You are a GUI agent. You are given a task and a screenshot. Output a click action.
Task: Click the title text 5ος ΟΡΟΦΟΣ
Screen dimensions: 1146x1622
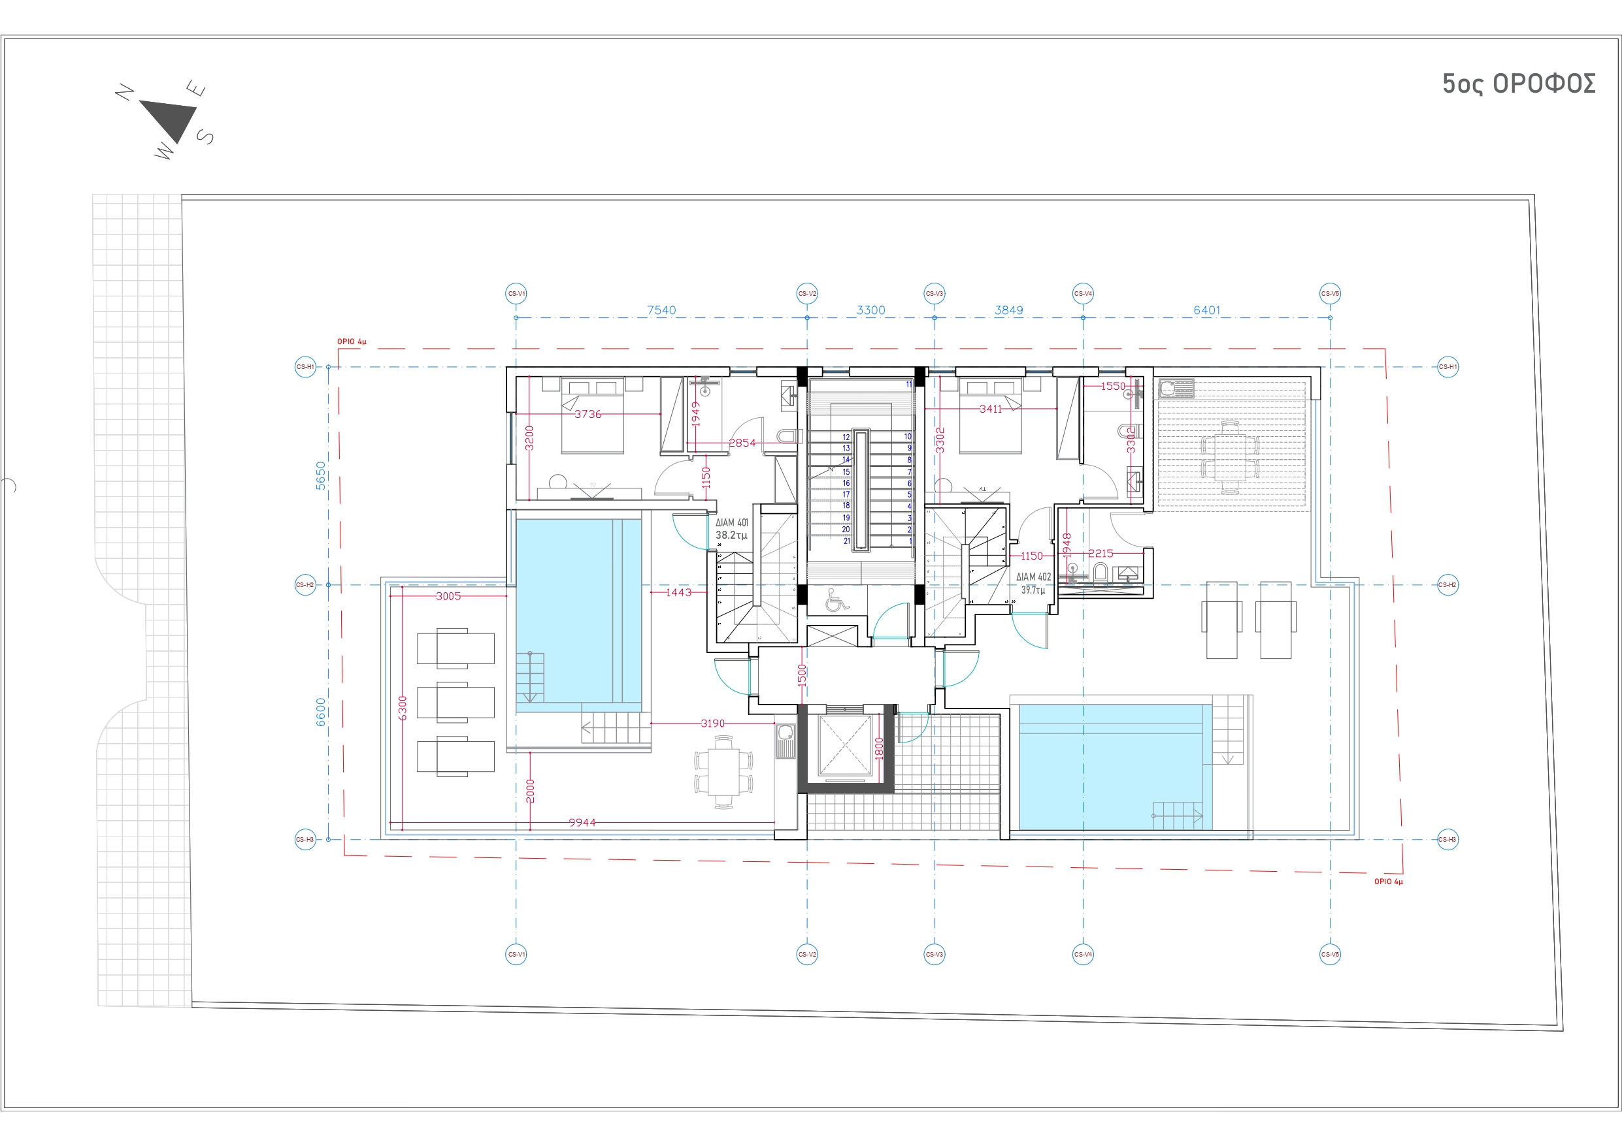click(1518, 84)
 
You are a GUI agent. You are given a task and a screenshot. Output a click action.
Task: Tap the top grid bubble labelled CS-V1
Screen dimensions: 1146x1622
click(516, 294)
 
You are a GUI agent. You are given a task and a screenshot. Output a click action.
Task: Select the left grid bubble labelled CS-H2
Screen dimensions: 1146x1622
click(305, 584)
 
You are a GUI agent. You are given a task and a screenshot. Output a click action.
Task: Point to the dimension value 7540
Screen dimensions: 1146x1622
click(661, 310)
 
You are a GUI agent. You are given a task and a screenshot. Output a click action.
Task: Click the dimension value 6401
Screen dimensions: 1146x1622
click(1206, 310)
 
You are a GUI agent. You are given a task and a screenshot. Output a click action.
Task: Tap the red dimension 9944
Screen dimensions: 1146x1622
click(582, 823)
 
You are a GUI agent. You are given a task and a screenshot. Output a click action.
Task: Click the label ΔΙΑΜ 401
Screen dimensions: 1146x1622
click(731, 523)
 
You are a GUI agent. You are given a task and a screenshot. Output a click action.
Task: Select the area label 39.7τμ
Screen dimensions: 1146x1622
click(1033, 590)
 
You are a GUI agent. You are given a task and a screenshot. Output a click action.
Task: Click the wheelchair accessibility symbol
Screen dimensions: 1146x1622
click(836, 600)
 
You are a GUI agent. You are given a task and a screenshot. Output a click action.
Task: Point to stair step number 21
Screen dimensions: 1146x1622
click(846, 541)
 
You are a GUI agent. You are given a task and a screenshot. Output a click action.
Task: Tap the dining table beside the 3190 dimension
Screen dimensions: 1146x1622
click(723, 772)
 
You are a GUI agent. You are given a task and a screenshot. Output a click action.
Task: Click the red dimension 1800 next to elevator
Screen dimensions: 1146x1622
click(880, 747)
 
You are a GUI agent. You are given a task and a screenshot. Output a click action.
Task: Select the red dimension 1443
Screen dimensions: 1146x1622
click(678, 592)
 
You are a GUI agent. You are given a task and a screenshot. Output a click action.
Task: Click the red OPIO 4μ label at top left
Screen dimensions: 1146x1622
click(351, 342)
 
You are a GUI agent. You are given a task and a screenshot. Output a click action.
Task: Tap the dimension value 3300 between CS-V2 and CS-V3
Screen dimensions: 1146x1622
click(870, 310)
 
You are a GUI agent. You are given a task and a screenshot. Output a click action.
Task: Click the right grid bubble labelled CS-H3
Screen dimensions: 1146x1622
click(1448, 840)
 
